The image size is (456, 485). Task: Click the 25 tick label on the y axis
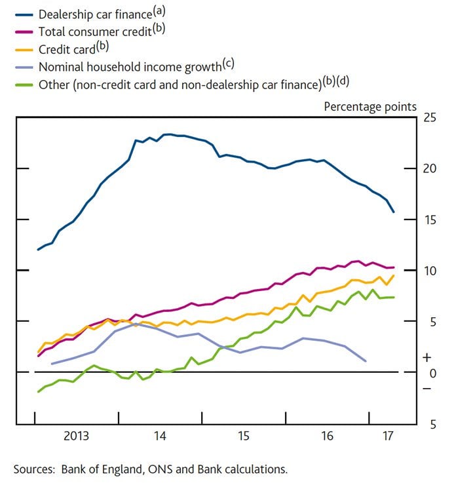coord(430,118)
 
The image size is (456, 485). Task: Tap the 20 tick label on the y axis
coord(430,168)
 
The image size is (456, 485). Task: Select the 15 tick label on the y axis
coord(430,220)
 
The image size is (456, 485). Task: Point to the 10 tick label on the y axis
coord(430,270)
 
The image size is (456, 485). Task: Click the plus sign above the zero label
coord(428,359)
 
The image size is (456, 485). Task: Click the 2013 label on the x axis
coord(76,436)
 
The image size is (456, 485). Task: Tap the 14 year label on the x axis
coord(160,436)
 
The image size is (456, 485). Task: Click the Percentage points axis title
coord(370,106)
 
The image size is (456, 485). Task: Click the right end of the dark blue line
coord(393,212)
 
